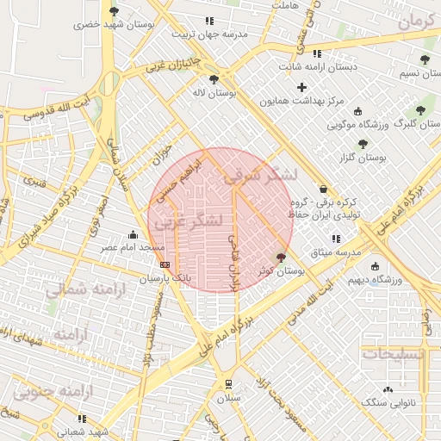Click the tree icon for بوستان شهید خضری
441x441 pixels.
(114, 11)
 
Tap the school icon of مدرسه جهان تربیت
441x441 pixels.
(208, 21)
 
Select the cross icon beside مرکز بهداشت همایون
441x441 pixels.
(301, 87)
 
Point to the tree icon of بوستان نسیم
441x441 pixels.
(425, 59)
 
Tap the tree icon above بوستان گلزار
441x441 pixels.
(363, 144)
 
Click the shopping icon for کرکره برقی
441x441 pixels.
(323, 189)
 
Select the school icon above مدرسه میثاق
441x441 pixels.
(335, 239)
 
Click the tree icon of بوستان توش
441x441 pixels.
(281, 258)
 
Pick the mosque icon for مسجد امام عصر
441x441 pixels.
(132, 234)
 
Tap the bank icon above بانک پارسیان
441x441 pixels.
(165, 264)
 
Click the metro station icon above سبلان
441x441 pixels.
(228, 384)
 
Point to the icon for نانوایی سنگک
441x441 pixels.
(388, 389)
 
